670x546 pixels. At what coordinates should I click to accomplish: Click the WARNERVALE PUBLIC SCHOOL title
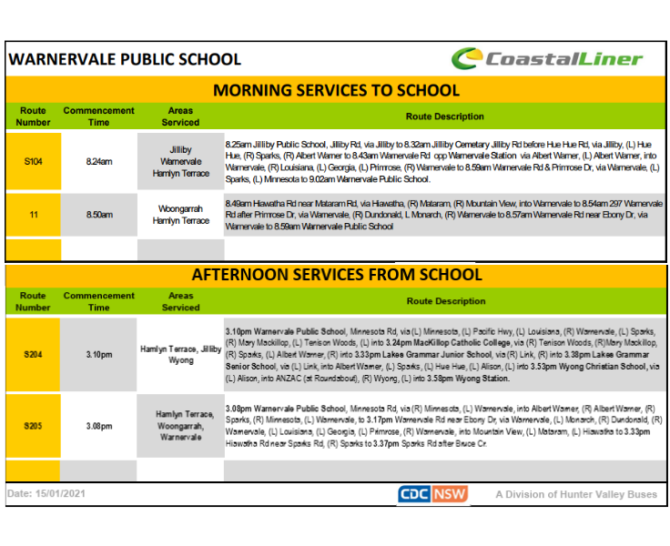pos(125,60)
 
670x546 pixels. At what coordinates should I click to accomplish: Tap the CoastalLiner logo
pos(547,60)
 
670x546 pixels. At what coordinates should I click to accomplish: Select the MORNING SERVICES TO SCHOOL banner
pos(335,90)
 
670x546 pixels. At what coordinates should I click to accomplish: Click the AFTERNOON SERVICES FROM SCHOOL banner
pos(335,274)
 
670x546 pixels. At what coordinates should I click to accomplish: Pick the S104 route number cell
pos(33,161)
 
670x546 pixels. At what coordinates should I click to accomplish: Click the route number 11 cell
pos(33,215)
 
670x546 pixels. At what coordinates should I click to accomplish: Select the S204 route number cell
pos(33,354)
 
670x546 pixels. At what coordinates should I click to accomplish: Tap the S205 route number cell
pos(33,426)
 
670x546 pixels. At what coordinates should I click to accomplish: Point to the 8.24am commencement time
pos(98,161)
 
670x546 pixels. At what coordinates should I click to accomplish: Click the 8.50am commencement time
pos(98,215)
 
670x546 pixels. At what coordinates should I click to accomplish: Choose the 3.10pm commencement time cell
pos(98,354)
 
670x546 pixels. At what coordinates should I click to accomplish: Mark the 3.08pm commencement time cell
pos(98,426)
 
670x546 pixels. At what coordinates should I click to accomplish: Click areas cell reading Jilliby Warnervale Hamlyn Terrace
pos(180,161)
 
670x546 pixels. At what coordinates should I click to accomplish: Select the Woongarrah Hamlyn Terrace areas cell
pos(180,215)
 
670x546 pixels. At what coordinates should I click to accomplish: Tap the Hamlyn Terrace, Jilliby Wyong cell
pos(180,354)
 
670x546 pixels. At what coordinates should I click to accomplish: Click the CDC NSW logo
pos(432,494)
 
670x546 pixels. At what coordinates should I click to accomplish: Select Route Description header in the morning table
pos(445,116)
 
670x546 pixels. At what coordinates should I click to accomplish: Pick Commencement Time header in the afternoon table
pos(98,301)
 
